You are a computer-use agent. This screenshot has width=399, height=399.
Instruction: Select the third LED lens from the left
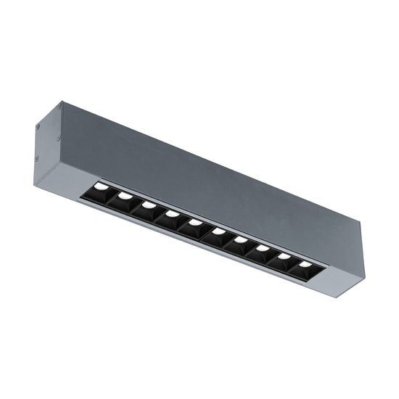(149, 205)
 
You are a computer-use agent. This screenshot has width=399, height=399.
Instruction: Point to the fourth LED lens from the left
(172, 214)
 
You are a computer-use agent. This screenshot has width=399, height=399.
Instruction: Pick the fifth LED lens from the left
(194, 223)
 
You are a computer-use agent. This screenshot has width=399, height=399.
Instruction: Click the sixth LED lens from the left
(218, 231)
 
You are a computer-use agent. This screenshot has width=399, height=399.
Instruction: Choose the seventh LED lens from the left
(240, 240)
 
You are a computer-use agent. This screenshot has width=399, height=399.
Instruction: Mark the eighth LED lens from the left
(263, 249)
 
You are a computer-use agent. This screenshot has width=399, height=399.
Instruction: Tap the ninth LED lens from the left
(284, 257)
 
